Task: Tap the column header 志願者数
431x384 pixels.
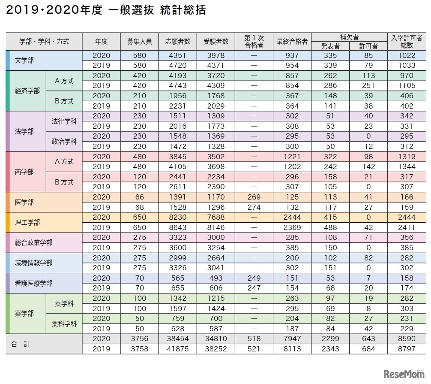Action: click(178, 42)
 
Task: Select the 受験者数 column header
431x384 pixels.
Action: click(216, 42)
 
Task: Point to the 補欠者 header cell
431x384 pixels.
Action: click(349, 37)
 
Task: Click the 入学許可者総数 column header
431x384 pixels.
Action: click(407, 42)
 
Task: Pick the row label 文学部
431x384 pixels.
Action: click(24, 60)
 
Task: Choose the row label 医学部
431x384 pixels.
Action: click(24, 202)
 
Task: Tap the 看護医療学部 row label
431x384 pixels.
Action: click(33, 283)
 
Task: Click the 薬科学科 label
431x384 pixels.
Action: click(64, 324)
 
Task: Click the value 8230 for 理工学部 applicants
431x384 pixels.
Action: click(178, 218)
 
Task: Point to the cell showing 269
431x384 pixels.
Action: click(254, 197)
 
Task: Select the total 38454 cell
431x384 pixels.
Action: click(178, 339)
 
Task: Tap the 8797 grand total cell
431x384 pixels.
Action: click(407, 349)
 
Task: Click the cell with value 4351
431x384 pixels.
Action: click(178, 55)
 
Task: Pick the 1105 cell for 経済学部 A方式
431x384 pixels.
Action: click(407, 86)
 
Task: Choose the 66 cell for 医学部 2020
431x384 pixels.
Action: click(140, 197)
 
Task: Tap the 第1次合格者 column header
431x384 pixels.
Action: click(254, 42)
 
